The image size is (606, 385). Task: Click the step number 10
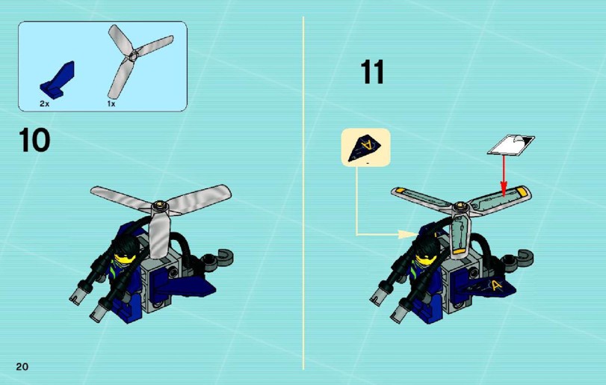(x=34, y=140)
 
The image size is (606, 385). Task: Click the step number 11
(x=373, y=72)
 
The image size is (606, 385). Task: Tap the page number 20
(x=22, y=366)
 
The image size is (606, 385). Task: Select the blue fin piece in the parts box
(x=58, y=78)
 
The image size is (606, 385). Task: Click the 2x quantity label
(x=44, y=104)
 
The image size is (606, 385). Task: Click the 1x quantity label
(x=111, y=104)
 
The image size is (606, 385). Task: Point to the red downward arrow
(x=503, y=175)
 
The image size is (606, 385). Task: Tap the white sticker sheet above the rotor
(x=511, y=144)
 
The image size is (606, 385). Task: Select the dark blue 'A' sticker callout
(x=365, y=148)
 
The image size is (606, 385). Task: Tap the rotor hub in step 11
(x=460, y=208)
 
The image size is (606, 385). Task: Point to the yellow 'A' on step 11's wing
(x=496, y=286)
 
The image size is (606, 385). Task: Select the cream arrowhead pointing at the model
(x=409, y=234)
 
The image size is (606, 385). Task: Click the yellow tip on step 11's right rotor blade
(x=522, y=191)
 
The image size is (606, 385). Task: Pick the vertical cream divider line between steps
(x=303, y=194)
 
